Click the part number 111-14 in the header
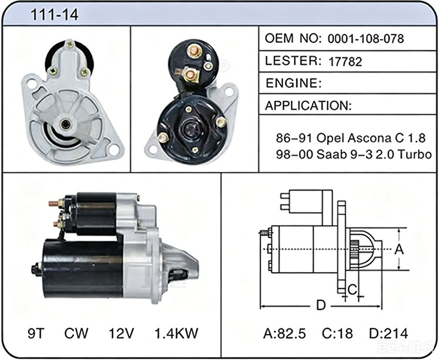pyautogui.click(x=55, y=15)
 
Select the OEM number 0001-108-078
pyautogui.click(x=365, y=39)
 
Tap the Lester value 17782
pyautogui.click(x=345, y=62)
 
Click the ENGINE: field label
pyautogui.click(x=293, y=83)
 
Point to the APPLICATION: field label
pyautogui.click(x=308, y=106)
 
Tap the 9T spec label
pyautogui.click(x=36, y=334)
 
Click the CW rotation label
pyautogui.click(x=76, y=334)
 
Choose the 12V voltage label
pyautogui.click(x=121, y=334)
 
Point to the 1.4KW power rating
pyautogui.click(x=176, y=334)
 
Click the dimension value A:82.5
pyautogui.click(x=285, y=334)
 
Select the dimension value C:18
pyautogui.click(x=337, y=334)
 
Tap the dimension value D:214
pyautogui.click(x=388, y=334)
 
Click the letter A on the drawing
pyautogui.click(x=399, y=249)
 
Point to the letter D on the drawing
pyautogui.click(x=321, y=305)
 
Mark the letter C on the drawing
pyautogui.click(x=352, y=289)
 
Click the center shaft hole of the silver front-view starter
pyautogui.click(x=66, y=124)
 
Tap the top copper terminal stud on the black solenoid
pyautogui.click(x=194, y=51)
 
